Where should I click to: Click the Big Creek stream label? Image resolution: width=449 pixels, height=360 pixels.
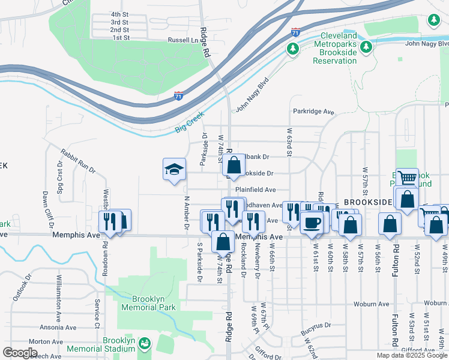[x=190, y=121]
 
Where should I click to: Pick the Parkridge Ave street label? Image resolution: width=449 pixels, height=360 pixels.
[x=313, y=112]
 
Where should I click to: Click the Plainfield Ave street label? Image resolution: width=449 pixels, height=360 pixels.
[x=255, y=190]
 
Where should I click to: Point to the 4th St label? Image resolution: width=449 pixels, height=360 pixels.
[x=120, y=14]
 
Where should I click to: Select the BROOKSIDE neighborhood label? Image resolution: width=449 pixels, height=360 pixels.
[x=367, y=203]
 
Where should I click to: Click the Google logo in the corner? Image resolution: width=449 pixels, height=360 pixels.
[x=20, y=353]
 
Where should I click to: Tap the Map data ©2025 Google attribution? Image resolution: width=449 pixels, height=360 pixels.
[x=411, y=355]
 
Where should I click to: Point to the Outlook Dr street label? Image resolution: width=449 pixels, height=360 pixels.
[x=22, y=292]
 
